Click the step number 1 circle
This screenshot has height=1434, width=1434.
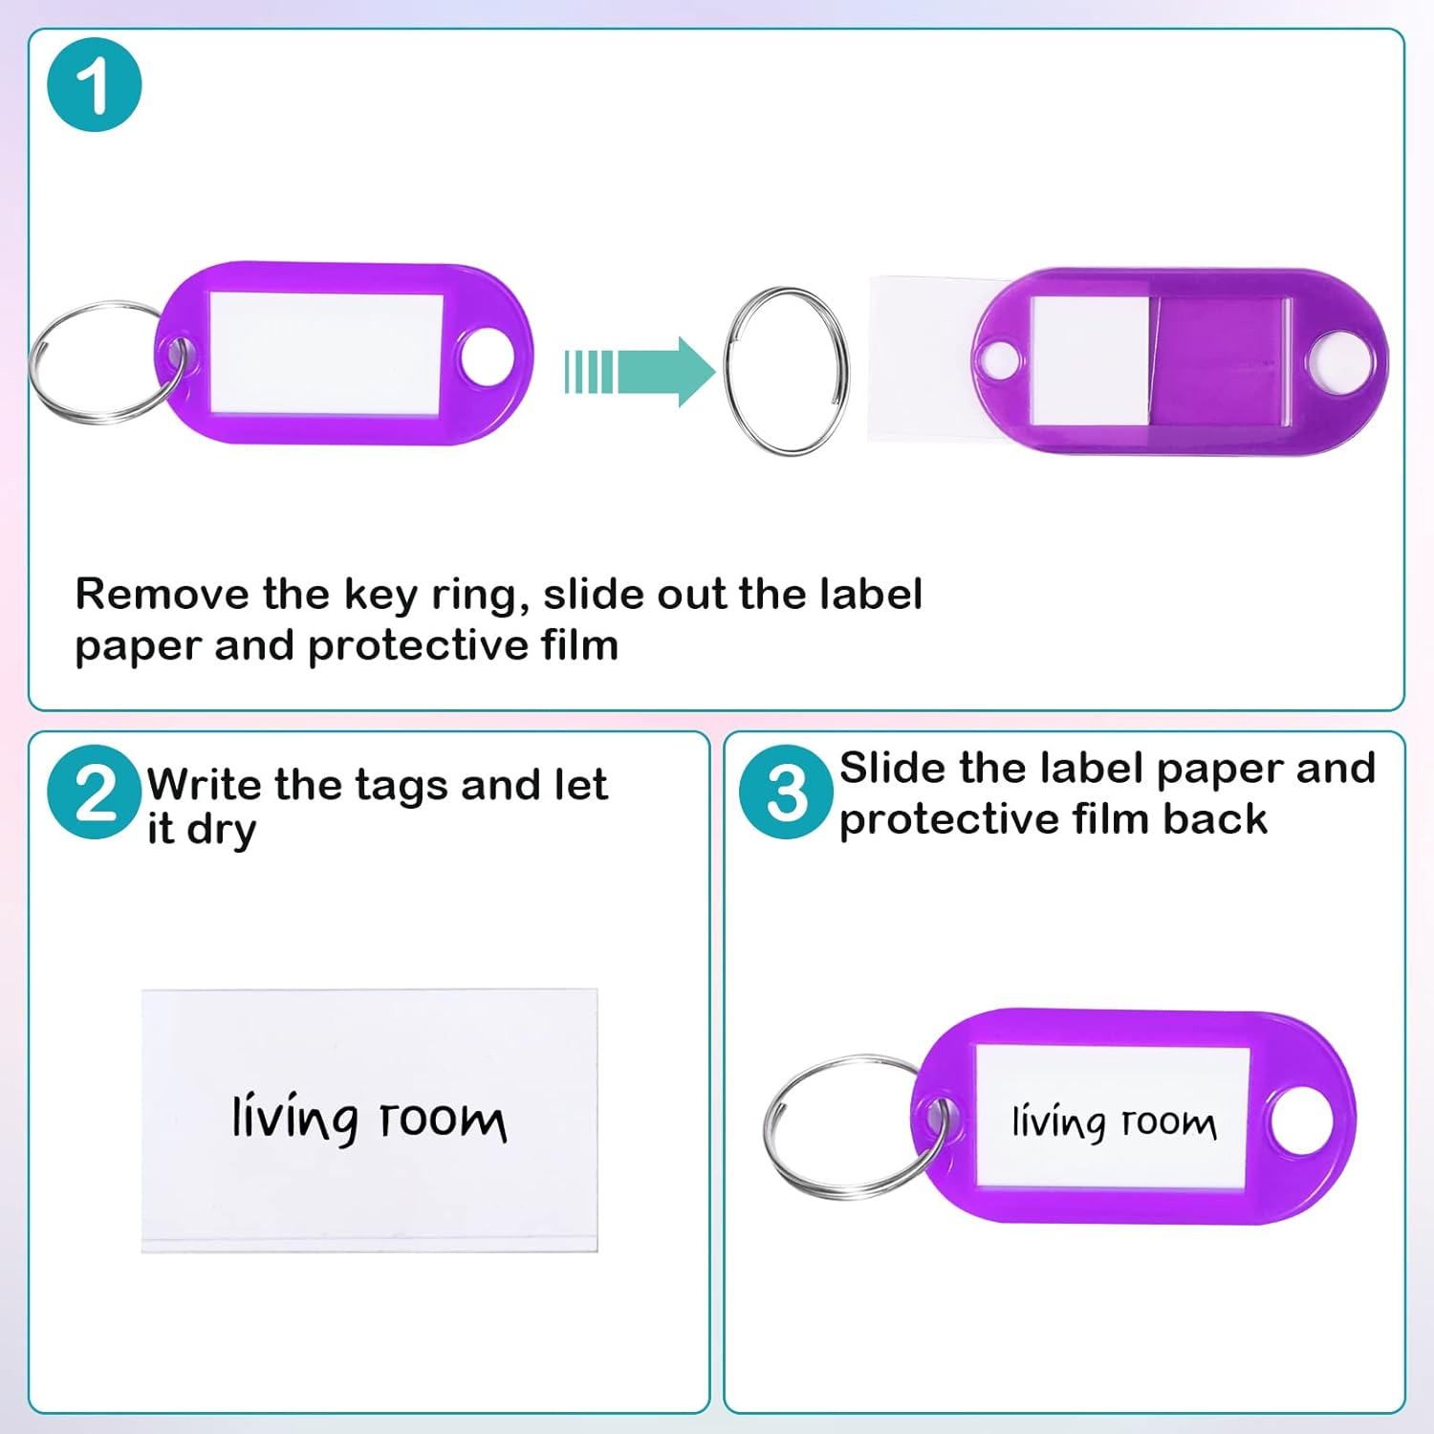pos(94,85)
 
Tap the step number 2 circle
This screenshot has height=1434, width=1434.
pos(94,793)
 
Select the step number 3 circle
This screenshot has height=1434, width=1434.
pos(786,793)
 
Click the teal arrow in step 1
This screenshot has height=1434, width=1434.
pos(641,372)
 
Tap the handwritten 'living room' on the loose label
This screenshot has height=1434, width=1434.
pos(369,1119)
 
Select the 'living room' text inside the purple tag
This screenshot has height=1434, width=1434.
pos(1114,1121)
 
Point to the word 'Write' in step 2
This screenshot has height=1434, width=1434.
pos(204,785)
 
